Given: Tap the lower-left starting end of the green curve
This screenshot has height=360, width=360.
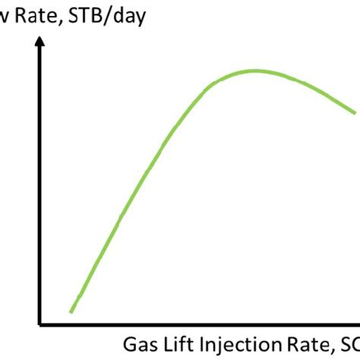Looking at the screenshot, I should click(71, 311).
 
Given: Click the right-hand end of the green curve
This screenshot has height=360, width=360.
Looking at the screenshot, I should click(355, 113).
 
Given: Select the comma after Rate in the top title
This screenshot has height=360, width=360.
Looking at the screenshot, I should click(58, 21).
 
